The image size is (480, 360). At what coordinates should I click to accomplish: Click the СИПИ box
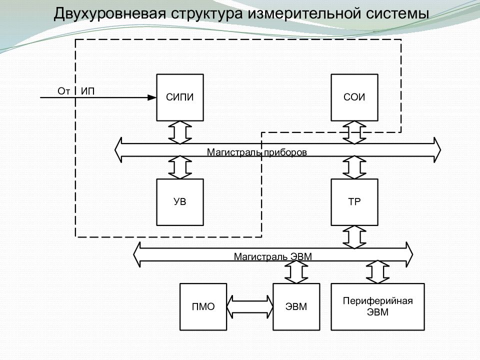click(x=180, y=97)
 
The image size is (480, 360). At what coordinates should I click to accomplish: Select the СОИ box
click(x=354, y=97)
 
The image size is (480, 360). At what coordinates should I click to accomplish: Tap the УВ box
click(x=180, y=202)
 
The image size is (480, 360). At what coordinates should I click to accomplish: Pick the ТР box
click(x=354, y=202)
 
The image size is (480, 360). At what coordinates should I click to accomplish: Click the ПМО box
click(x=203, y=306)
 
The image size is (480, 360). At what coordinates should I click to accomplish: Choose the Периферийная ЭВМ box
click(x=377, y=306)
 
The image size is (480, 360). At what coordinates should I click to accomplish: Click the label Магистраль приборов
click(x=257, y=151)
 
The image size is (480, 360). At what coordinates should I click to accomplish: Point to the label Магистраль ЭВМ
click(x=272, y=257)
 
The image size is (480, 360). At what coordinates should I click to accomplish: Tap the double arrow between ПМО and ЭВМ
click(x=249, y=306)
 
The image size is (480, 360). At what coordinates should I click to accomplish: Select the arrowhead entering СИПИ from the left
click(x=152, y=97)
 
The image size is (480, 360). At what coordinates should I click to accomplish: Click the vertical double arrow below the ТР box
click(x=354, y=236)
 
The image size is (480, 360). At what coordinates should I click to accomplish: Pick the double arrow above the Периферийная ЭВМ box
click(x=377, y=271)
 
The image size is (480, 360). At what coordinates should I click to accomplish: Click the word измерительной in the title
click(x=300, y=13)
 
